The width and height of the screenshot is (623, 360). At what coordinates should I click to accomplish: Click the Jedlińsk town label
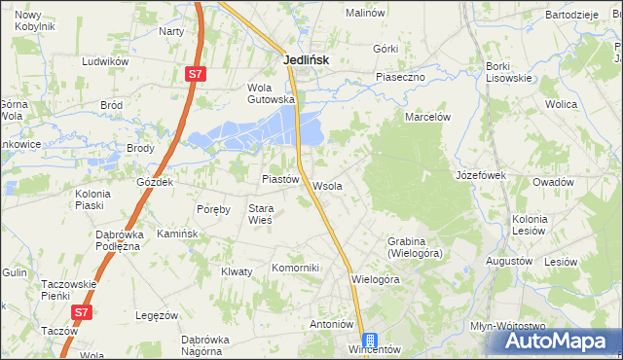tap(306, 59)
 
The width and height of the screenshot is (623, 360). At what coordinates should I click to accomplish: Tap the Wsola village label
tap(327, 186)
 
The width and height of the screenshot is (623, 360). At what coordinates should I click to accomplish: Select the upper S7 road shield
tap(196, 73)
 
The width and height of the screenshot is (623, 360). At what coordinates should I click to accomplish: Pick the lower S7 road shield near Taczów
tap(83, 312)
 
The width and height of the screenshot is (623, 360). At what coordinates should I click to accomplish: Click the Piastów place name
tap(279, 180)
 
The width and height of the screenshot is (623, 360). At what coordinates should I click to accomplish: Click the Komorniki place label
tap(295, 268)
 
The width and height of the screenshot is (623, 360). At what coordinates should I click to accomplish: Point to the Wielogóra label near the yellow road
tap(376, 279)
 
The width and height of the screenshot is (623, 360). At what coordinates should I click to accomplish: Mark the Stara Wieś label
tap(261, 214)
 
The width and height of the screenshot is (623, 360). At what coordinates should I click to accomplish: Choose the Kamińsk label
tap(178, 234)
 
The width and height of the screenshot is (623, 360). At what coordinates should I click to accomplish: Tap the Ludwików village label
tap(106, 61)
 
